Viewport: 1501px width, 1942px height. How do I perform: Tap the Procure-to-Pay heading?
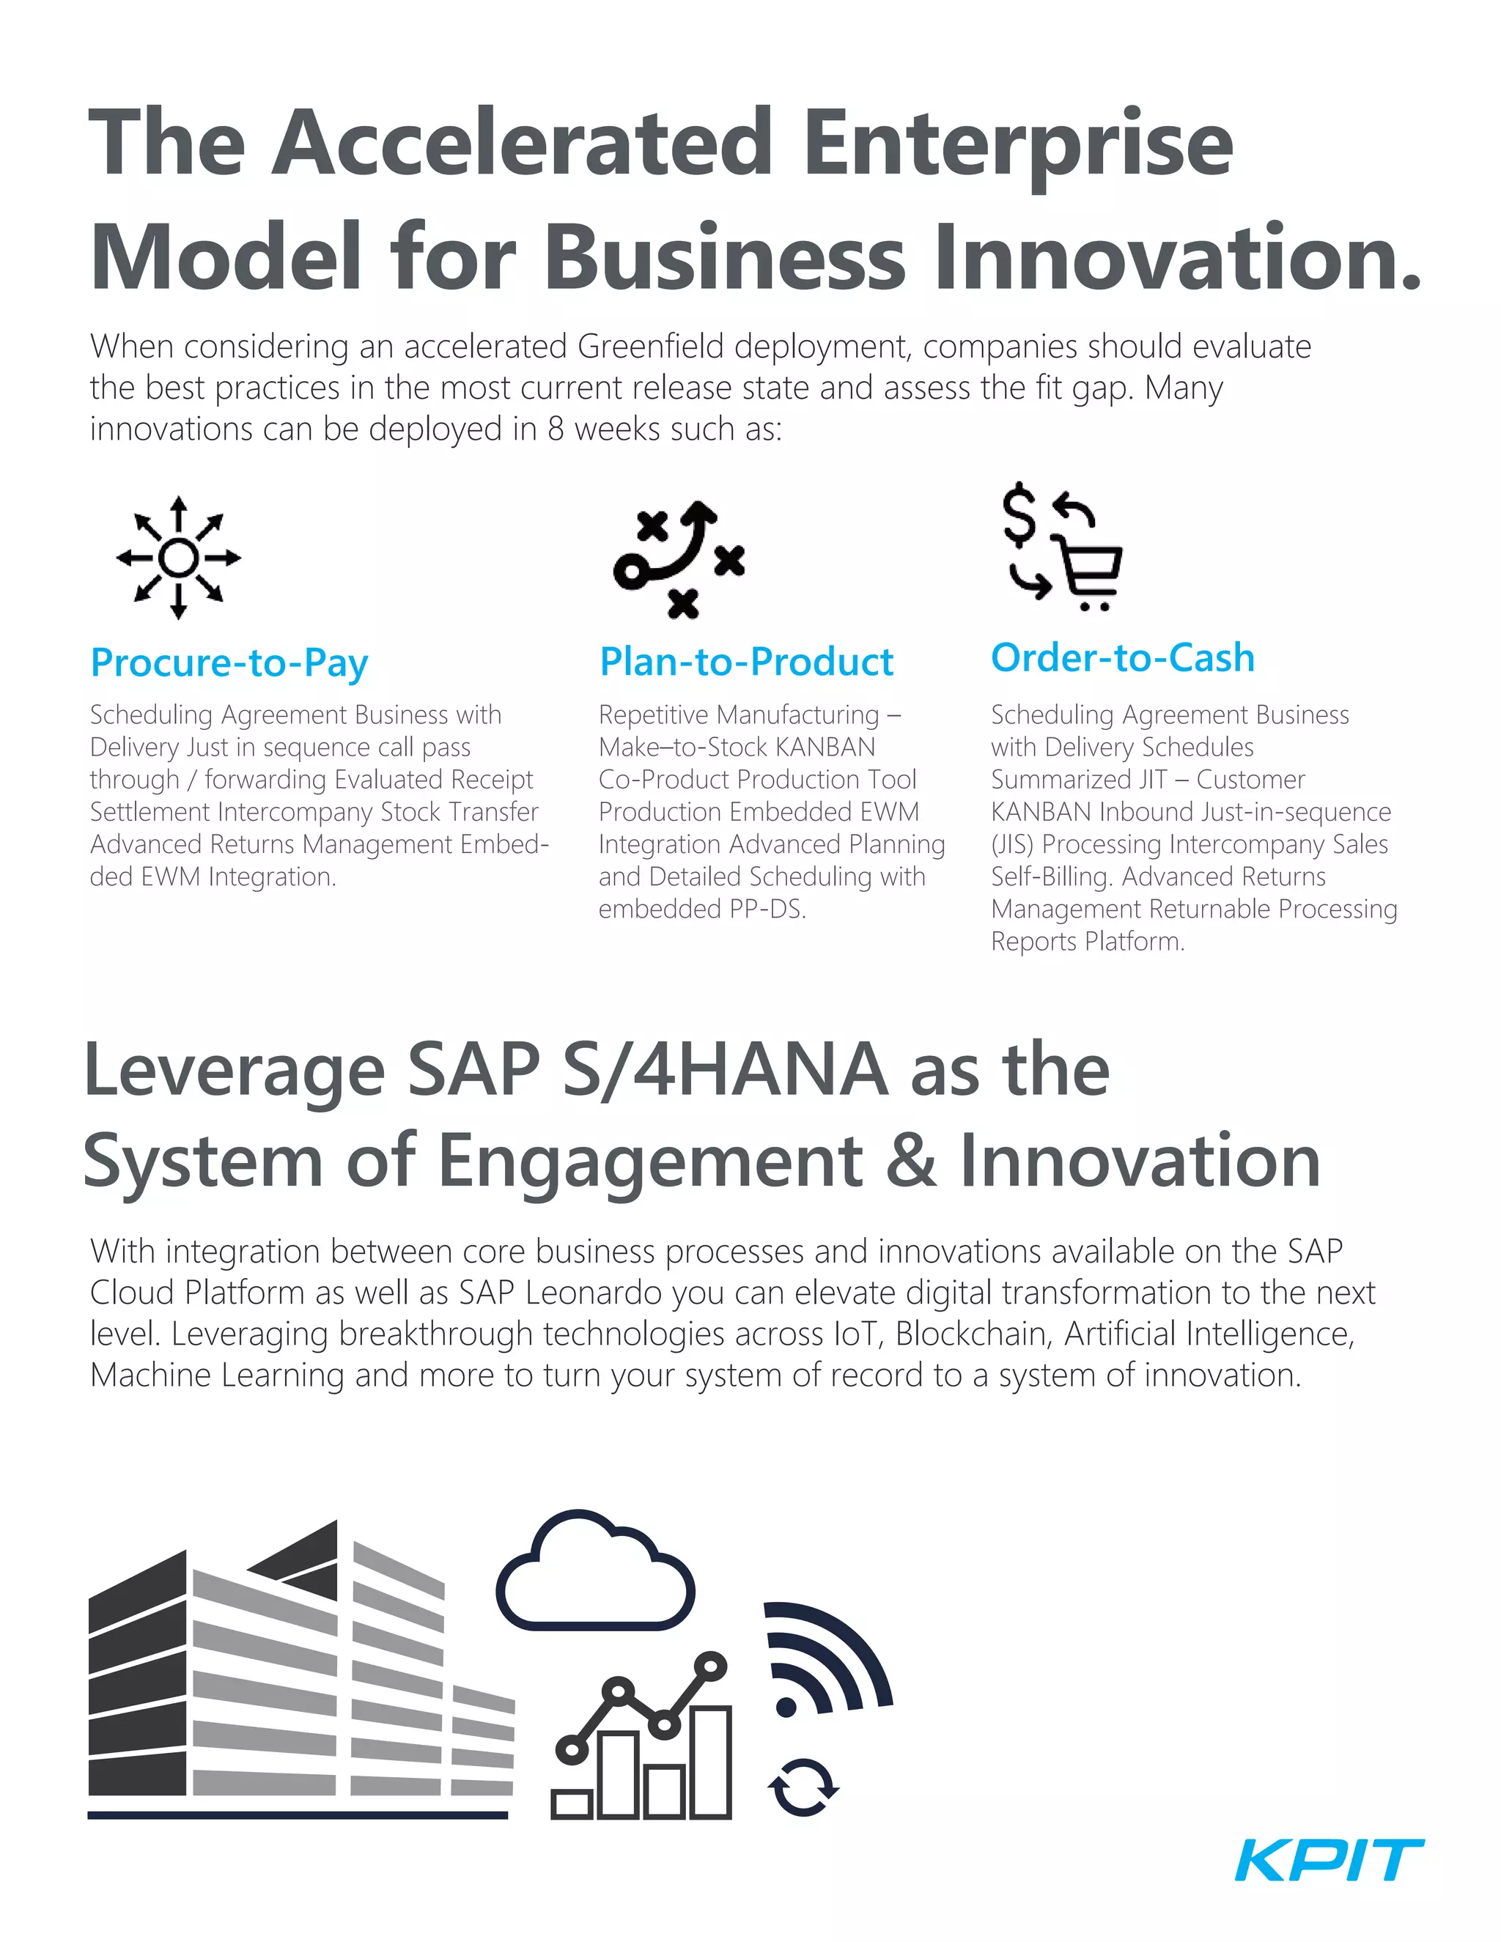(229, 663)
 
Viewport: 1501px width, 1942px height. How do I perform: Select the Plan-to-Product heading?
(746, 662)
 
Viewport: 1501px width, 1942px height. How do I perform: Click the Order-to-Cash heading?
(1122, 658)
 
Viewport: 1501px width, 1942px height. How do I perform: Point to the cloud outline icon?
(595, 1574)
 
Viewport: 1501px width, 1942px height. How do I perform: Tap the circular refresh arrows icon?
(803, 1787)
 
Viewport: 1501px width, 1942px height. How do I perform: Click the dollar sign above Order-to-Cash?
(1019, 514)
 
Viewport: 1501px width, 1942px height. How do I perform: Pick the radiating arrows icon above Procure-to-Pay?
(179, 558)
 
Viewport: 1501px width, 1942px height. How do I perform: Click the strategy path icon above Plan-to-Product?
(679, 558)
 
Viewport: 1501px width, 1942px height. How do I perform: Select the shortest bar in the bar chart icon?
(572, 1805)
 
